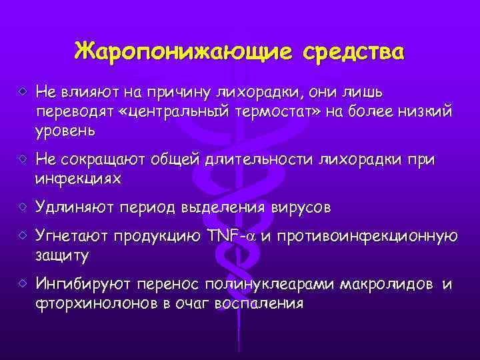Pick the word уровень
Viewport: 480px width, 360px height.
pos(65,131)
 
